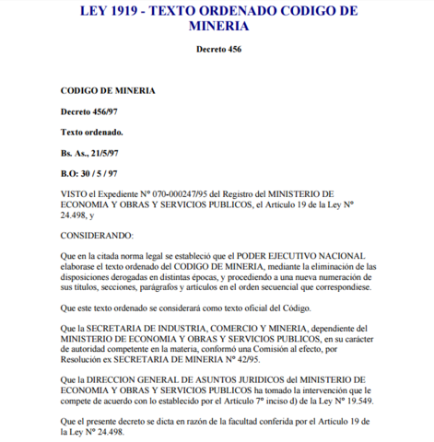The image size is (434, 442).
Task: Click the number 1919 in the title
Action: pos(135,11)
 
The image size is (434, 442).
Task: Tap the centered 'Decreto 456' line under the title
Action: pos(218,49)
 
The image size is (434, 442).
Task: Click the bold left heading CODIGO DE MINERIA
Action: pos(108,91)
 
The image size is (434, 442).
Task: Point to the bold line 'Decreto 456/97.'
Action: pos(90,111)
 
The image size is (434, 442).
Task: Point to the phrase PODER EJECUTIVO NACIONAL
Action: pos(304,255)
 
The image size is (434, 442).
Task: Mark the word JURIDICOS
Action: pos(243,378)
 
